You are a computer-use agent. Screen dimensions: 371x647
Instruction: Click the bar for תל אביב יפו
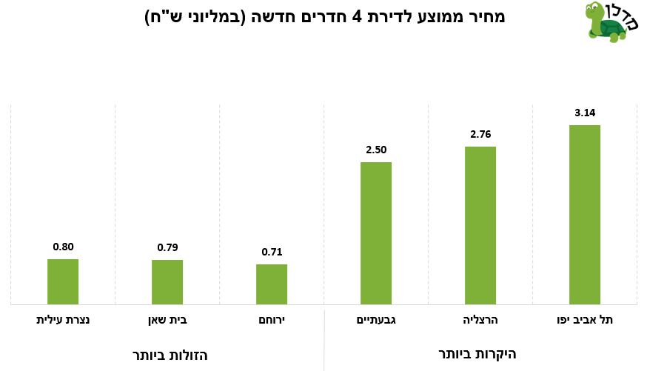pyautogui.click(x=584, y=215)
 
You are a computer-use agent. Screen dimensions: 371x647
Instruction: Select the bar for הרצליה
pyautogui.click(x=480, y=225)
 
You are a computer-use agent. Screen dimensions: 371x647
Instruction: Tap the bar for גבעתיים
pyautogui.click(x=375, y=233)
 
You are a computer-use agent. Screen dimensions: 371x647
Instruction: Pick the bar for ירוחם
pyautogui.click(x=272, y=284)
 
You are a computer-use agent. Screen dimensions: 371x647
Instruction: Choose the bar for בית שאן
pyautogui.click(x=167, y=282)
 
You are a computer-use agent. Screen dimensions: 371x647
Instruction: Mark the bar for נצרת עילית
pyautogui.click(x=63, y=281)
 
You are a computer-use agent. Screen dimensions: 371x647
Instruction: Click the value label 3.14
pyautogui.click(x=585, y=113)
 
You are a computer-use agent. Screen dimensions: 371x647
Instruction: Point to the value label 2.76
pyautogui.click(x=480, y=134)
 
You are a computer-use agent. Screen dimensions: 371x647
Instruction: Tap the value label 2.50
pyautogui.click(x=376, y=150)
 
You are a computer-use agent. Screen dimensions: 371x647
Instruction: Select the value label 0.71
pyautogui.click(x=272, y=252)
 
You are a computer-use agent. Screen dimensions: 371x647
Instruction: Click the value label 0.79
pyautogui.click(x=167, y=247)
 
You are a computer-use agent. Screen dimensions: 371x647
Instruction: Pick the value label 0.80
pyautogui.click(x=63, y=247)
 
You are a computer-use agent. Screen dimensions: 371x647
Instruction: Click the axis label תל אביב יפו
pyautogui.click(x=585, y=320)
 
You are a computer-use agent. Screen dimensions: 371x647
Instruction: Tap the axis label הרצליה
pyautogui.click(x=480, y=320)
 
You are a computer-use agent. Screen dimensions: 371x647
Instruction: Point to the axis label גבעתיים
pyautogui.click(x=376, y=320)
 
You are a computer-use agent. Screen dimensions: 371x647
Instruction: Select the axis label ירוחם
pyautogui.click(x=272, y=320)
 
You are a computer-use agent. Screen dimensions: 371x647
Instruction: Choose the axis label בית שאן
pyautogui.click(x=167, y=320)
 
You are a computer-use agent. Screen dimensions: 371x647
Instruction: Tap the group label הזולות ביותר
pyautogui.click(x=170, y=355)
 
